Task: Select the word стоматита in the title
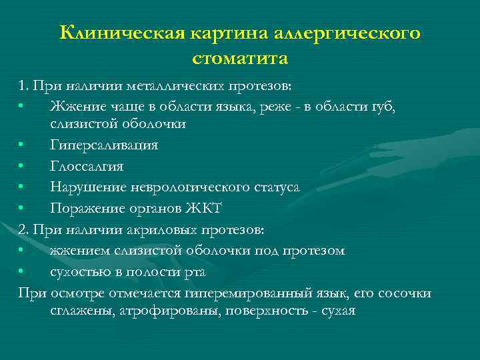240,59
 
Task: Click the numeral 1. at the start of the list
25,87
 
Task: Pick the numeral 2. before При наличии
25,230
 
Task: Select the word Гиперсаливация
104,145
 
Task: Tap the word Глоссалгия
87,166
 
